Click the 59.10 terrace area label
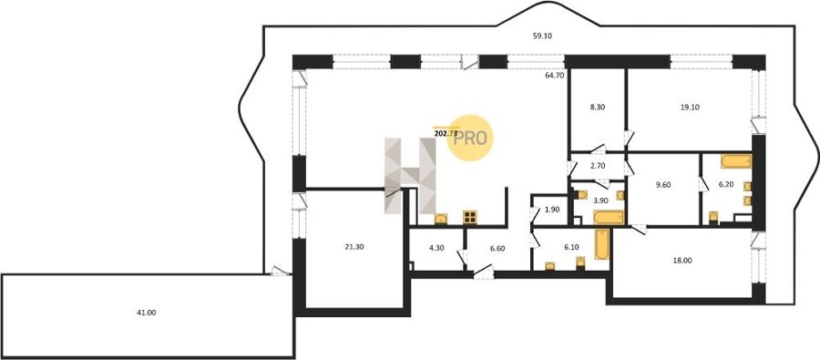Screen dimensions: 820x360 [542, 36]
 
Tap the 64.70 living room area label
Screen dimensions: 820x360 [555, 76]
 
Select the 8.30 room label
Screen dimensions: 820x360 [597, 107]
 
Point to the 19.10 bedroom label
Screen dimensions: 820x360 [690, 107]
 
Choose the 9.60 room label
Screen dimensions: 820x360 [662, 184]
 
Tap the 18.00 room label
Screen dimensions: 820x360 [682, 260]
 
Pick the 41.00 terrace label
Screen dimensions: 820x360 [146, 313]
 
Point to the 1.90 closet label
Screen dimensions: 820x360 [552, 210]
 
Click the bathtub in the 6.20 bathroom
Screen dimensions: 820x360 [736, 161]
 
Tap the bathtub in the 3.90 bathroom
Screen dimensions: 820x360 [610, 217]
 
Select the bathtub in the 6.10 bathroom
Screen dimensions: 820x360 [602, 244]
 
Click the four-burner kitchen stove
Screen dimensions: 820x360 [469, 217]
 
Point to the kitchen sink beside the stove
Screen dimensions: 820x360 [441, 219]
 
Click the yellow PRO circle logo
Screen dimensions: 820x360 [470, 138]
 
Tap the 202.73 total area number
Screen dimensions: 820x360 [446, 133]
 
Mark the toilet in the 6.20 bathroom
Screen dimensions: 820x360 [713, 217]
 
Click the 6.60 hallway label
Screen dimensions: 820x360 [497, 249]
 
